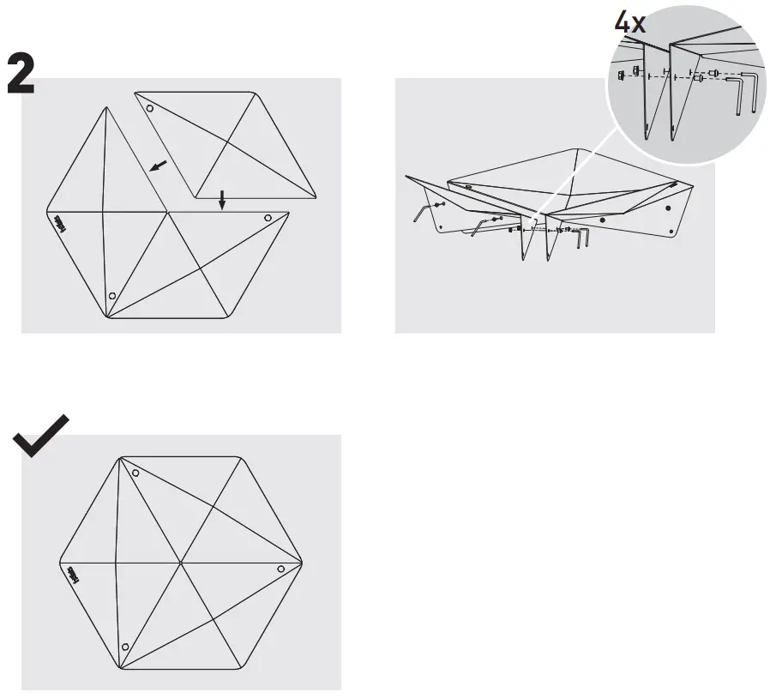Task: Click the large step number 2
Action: pos(21,73)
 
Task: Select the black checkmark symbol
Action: pos(41,436)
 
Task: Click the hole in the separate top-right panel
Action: pos(150,110)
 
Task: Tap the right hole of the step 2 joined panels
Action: pos(268,218)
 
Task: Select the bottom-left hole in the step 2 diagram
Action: pos(111,296)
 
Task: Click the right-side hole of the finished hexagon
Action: pos(280,569)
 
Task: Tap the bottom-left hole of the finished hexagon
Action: pos(125,646)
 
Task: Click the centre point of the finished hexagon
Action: pos(181,563)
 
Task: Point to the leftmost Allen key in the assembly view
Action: pos(420,211)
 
